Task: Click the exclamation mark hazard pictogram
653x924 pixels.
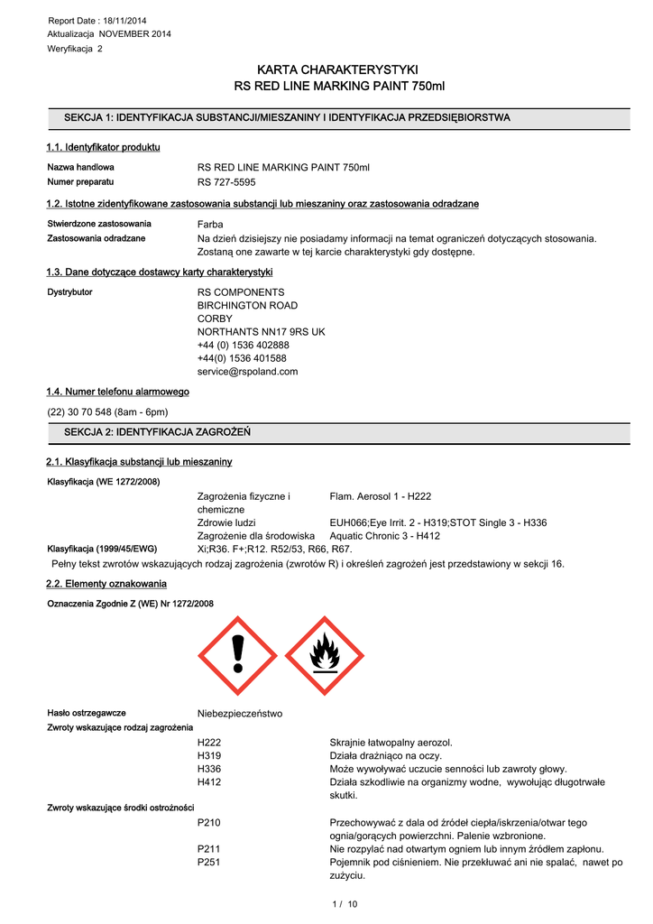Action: pyautogui.click(x=238, y=656)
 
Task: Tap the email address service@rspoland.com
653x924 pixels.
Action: pyautogui.click(x=247, y=371)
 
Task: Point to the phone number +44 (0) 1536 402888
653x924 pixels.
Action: pyautogui.click(x=243, y=345)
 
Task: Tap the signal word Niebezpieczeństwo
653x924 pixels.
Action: pyautogui.click(x=239, y=714)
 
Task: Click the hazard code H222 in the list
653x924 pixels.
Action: pyautogui.click(x=209, y=742)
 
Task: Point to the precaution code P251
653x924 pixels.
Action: pyautogui.click(x=209, y=862)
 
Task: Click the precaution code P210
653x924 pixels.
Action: pyautogui.click(x=209, y=822)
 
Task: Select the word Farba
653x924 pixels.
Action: pyautogui.click(x=210, y=224)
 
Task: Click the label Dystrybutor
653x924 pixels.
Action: pyautogui.click(x=69, y=292)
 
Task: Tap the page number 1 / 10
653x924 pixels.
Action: pyautogui.click(x=345, y=904)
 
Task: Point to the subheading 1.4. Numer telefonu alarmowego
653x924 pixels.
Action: pyautogui.click(x=117, y=392)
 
